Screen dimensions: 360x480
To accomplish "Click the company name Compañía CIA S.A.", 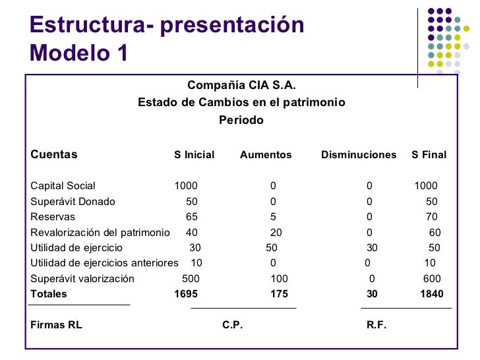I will coord(241,85).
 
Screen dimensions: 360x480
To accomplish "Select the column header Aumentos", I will coord(265,155).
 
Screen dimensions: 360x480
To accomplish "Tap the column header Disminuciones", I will coord(359,155).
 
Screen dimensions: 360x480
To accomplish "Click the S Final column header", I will coord(429,155).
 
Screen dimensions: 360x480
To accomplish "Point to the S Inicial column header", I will coord(194,155).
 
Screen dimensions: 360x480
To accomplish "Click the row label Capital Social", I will coord(63,186).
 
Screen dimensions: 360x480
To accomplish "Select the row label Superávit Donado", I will coord(73,202).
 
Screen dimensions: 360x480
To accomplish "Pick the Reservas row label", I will coord(53,217).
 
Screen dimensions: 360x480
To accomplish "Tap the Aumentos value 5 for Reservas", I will coord(273,217).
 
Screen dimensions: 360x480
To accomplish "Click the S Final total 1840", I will coord(432,294).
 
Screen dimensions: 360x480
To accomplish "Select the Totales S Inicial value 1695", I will coord(185,294).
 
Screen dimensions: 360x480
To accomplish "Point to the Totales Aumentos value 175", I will coord(279,294).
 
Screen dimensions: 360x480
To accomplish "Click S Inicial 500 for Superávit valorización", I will coord(191,279).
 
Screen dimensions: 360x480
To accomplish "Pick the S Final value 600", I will coord(432,279).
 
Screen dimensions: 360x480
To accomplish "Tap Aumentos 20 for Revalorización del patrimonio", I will coord(276,232).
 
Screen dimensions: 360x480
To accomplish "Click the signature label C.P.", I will coord(232,325).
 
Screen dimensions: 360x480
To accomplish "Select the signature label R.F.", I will coord(376,325).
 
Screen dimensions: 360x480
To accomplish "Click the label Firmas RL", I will coord(56,325).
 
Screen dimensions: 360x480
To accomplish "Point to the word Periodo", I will coord(241,121).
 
